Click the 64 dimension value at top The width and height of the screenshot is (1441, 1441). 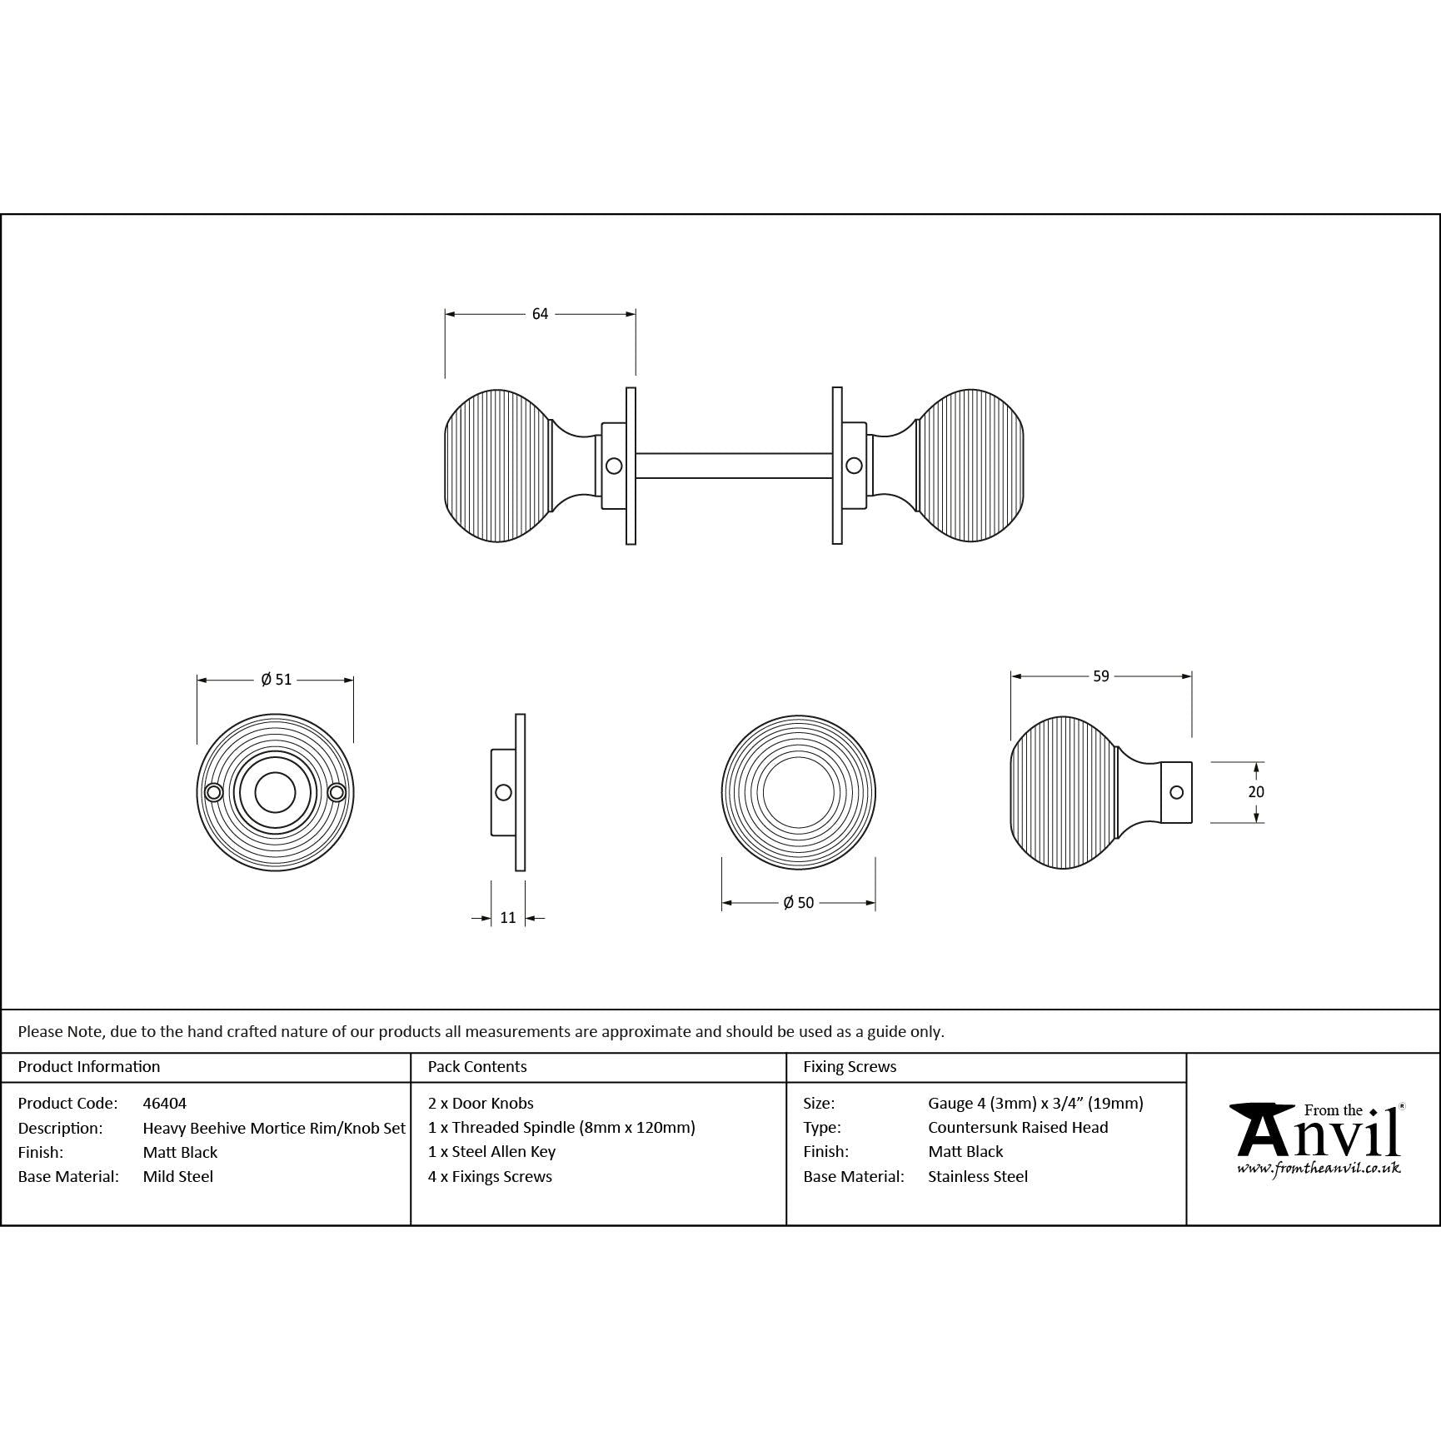[x=540, y=314]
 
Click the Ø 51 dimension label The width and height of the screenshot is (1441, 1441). [x=276, y=680]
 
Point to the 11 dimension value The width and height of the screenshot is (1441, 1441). [x=508, y=918]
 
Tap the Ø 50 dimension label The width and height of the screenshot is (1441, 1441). [x=798, y=903]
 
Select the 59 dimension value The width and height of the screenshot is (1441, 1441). [x=1100, y=676]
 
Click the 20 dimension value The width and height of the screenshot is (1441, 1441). [x=1255, y=792]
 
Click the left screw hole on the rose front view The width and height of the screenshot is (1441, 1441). [x=214, y=792]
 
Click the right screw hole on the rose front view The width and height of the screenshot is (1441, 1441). [x=337, y=792]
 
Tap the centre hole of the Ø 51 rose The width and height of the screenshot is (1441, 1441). [x=275, y=792]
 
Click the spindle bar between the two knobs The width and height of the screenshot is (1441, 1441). [x=733, y=466]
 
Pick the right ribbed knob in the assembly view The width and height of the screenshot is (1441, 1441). [x=971, y=465]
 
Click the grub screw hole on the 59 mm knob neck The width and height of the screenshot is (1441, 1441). [x=1176, y=792]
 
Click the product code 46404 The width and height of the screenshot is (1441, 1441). [x=165, y=1103]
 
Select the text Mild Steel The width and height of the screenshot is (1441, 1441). [x=178, y=1176]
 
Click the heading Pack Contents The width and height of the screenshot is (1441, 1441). [x=477, y=1066]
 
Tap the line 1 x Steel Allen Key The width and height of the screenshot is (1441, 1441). [x=491, y=1152]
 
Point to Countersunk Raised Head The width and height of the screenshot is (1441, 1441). [x=1018, y=1127]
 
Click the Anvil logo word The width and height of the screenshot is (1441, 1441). [x=1316, y=1134]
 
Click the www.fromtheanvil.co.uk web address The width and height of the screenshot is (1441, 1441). [x=1319, y=1169]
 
